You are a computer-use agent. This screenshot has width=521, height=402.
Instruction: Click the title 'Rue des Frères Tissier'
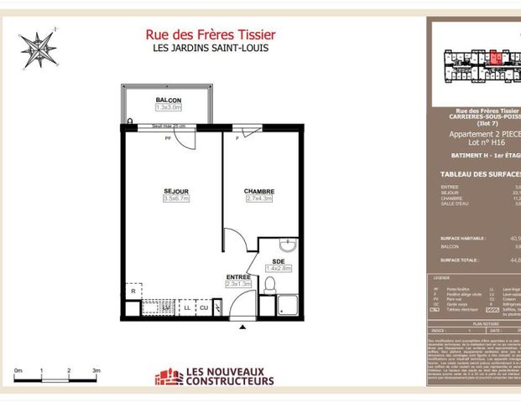211,34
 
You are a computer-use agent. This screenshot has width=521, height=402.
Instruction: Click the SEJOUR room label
176,192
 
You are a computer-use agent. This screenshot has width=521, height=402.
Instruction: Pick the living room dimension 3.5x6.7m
176,199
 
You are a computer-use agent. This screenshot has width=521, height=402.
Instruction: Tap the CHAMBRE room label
259,192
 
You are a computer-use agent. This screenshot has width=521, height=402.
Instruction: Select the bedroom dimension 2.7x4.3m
259,199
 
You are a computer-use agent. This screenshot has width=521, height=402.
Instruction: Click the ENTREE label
238,276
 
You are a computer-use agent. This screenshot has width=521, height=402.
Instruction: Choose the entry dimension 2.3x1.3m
238,284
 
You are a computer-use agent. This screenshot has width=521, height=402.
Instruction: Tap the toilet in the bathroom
270,286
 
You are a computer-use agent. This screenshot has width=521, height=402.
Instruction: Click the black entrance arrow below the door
243,327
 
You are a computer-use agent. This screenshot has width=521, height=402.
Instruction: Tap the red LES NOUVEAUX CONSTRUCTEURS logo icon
168,377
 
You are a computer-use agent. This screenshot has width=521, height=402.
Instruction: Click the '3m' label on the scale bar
96,369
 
